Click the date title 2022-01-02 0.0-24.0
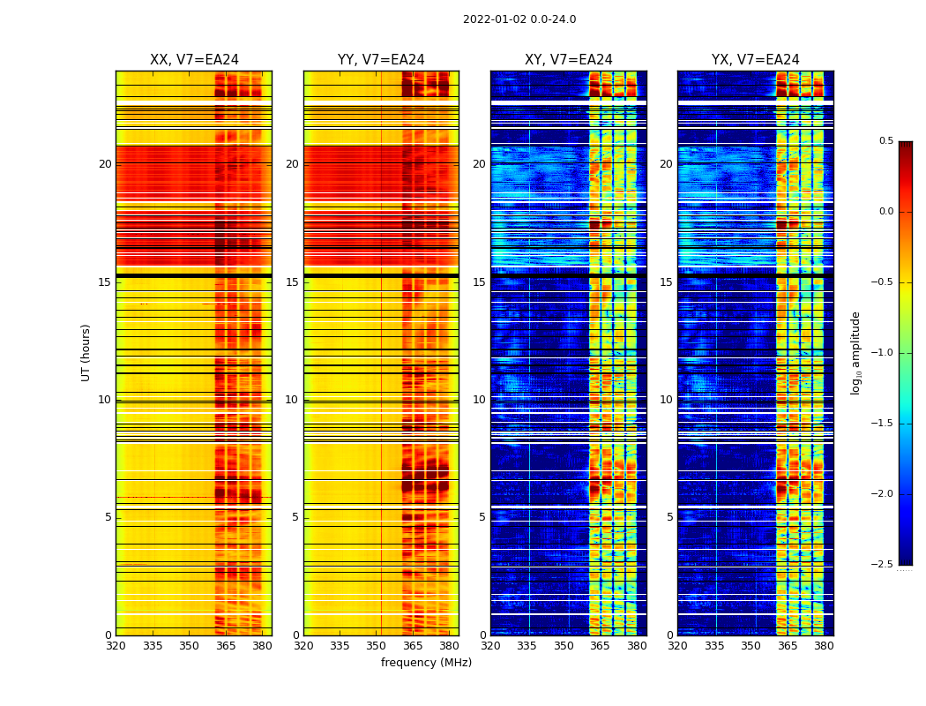pyautogui.click(x=519, y=19)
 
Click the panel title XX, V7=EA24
pyautogui.click(x=194, y=60)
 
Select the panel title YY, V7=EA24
pyautogui.click(x=381, y=60)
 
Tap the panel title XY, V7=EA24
pyautogui.click(x=569, y=60)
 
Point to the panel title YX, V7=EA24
pyautogui.click(x=756, y=60)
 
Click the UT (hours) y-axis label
pyautogui.click(x=86, y=352)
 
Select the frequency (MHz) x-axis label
pyautogui.click(x=426, y=663)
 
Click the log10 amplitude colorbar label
pyautogui.click(x=855, y=352)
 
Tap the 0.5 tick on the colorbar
pyautogui.click(x=885, y=141)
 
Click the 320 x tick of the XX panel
pyautogui.click(x=116, y=646)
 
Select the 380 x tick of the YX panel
pyautogui.click(x=824, y=646)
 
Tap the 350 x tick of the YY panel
pyautogui.click(x=377, y=646)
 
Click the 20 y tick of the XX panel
pyautogui.click(x=105, y=164)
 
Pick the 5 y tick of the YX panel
pyautogui.click(x=669, y=517)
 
